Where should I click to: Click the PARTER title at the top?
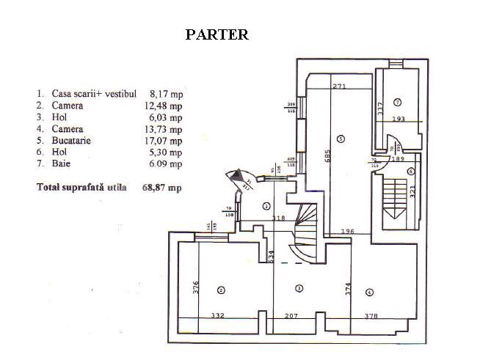217,34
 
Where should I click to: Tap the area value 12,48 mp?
165,106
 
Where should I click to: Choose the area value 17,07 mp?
165,141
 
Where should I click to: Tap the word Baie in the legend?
62,164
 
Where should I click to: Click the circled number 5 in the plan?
340,139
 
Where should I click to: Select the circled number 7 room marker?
396,101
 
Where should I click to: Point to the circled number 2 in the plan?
221,290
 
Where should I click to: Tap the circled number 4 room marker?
368,292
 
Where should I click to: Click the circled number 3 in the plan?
299,287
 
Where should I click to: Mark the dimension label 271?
338,87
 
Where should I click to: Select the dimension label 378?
374,316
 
